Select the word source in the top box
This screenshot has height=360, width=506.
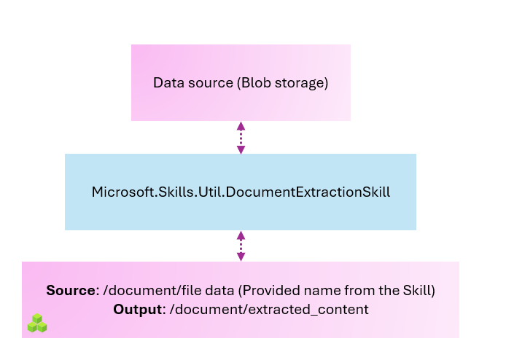click(x=208, y=83)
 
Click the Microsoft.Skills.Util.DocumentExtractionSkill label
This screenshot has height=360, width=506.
click(x=241, y=192)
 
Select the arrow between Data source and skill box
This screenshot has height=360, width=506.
click(x=241, y=138)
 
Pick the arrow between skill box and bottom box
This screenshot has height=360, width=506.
click(x=241, y=246)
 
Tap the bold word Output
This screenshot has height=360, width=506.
click(x=137, y=310)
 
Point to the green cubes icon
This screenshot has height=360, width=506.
click(x=37, y=324)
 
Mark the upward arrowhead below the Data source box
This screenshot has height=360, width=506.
click(x=241, y=125)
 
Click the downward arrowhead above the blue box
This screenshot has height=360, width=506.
click(x=241, y=150)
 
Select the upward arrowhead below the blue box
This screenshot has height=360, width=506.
click(x=241, y=235)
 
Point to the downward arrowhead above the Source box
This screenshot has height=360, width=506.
click(x=241, y=257)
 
